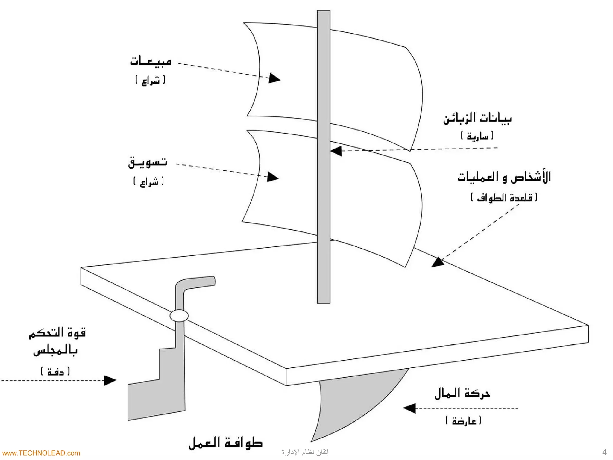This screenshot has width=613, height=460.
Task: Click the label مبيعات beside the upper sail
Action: tap(151, 61)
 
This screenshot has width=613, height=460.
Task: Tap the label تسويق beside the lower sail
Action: tap(148, 163)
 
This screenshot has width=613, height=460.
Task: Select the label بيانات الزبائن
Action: tap(477, 119)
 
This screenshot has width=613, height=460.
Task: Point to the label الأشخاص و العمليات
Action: tap(504, 177)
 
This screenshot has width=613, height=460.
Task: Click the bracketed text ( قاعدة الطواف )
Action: tap(504, 198)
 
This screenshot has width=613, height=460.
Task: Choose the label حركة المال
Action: tap(462, 394)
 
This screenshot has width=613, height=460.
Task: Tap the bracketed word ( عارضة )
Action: tap(463, 421)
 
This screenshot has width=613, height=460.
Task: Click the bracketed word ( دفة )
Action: tap(55, 372)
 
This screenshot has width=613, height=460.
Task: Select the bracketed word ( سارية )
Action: tap(477, 136)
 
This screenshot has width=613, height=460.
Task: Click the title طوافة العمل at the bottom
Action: tap(226, 443)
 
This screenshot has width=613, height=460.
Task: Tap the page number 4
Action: tap(604, 452)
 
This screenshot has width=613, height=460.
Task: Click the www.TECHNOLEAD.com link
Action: tap(40, 453)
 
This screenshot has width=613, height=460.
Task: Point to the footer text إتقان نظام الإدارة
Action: tap(305, 452)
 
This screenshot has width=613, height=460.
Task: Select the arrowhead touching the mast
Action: tap(336, 151)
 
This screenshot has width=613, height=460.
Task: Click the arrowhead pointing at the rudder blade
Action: tap(110, 381)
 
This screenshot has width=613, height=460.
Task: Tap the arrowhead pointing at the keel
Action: tap(409, 408)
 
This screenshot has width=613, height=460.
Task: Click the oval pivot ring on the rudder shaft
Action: tap(179, 316)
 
